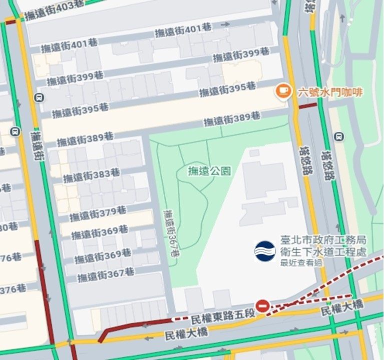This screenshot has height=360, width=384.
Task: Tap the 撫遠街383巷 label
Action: point(91,175)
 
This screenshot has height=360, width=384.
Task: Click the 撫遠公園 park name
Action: point(209,170)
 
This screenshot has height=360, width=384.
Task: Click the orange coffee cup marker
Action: point(284,90)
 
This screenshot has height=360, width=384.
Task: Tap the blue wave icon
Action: point(265,251)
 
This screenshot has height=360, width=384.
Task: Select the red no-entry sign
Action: point(262,306)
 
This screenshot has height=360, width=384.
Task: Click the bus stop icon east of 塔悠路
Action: point(340,136)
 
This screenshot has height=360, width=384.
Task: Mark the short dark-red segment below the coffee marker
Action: point(307,105)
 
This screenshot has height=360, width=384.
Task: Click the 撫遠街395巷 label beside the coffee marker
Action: point(227,89)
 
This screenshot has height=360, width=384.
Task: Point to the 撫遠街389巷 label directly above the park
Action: point(231,118)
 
